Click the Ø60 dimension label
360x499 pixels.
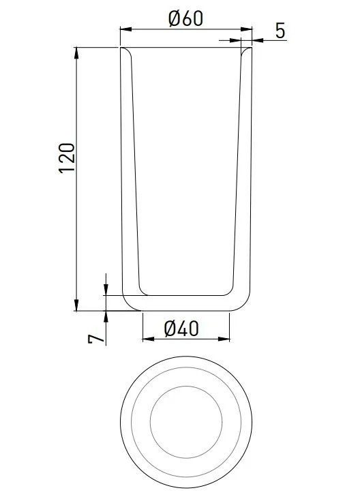pyautogui.click(x=185, y=18)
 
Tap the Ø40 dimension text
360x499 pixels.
pyautogui.click(x=181, y=329)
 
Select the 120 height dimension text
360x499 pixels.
pyautogui.click(x=67, y=158)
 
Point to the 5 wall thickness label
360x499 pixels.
pyautogui.click(x=280, y=31)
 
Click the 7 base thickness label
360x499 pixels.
pyautogui.click(x=96, y=338)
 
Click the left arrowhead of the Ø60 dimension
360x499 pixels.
pyautogui.click(x=125, y=29)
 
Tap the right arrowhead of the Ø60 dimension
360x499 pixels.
pyautogui.click(x=246, y=29)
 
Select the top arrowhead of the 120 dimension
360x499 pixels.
pyautogui.click(x=76, y=52)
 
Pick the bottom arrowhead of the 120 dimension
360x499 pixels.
pyautogui.click(x=76, y=305)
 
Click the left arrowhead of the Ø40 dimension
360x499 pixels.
pyautogui.click(x=149, y=339)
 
